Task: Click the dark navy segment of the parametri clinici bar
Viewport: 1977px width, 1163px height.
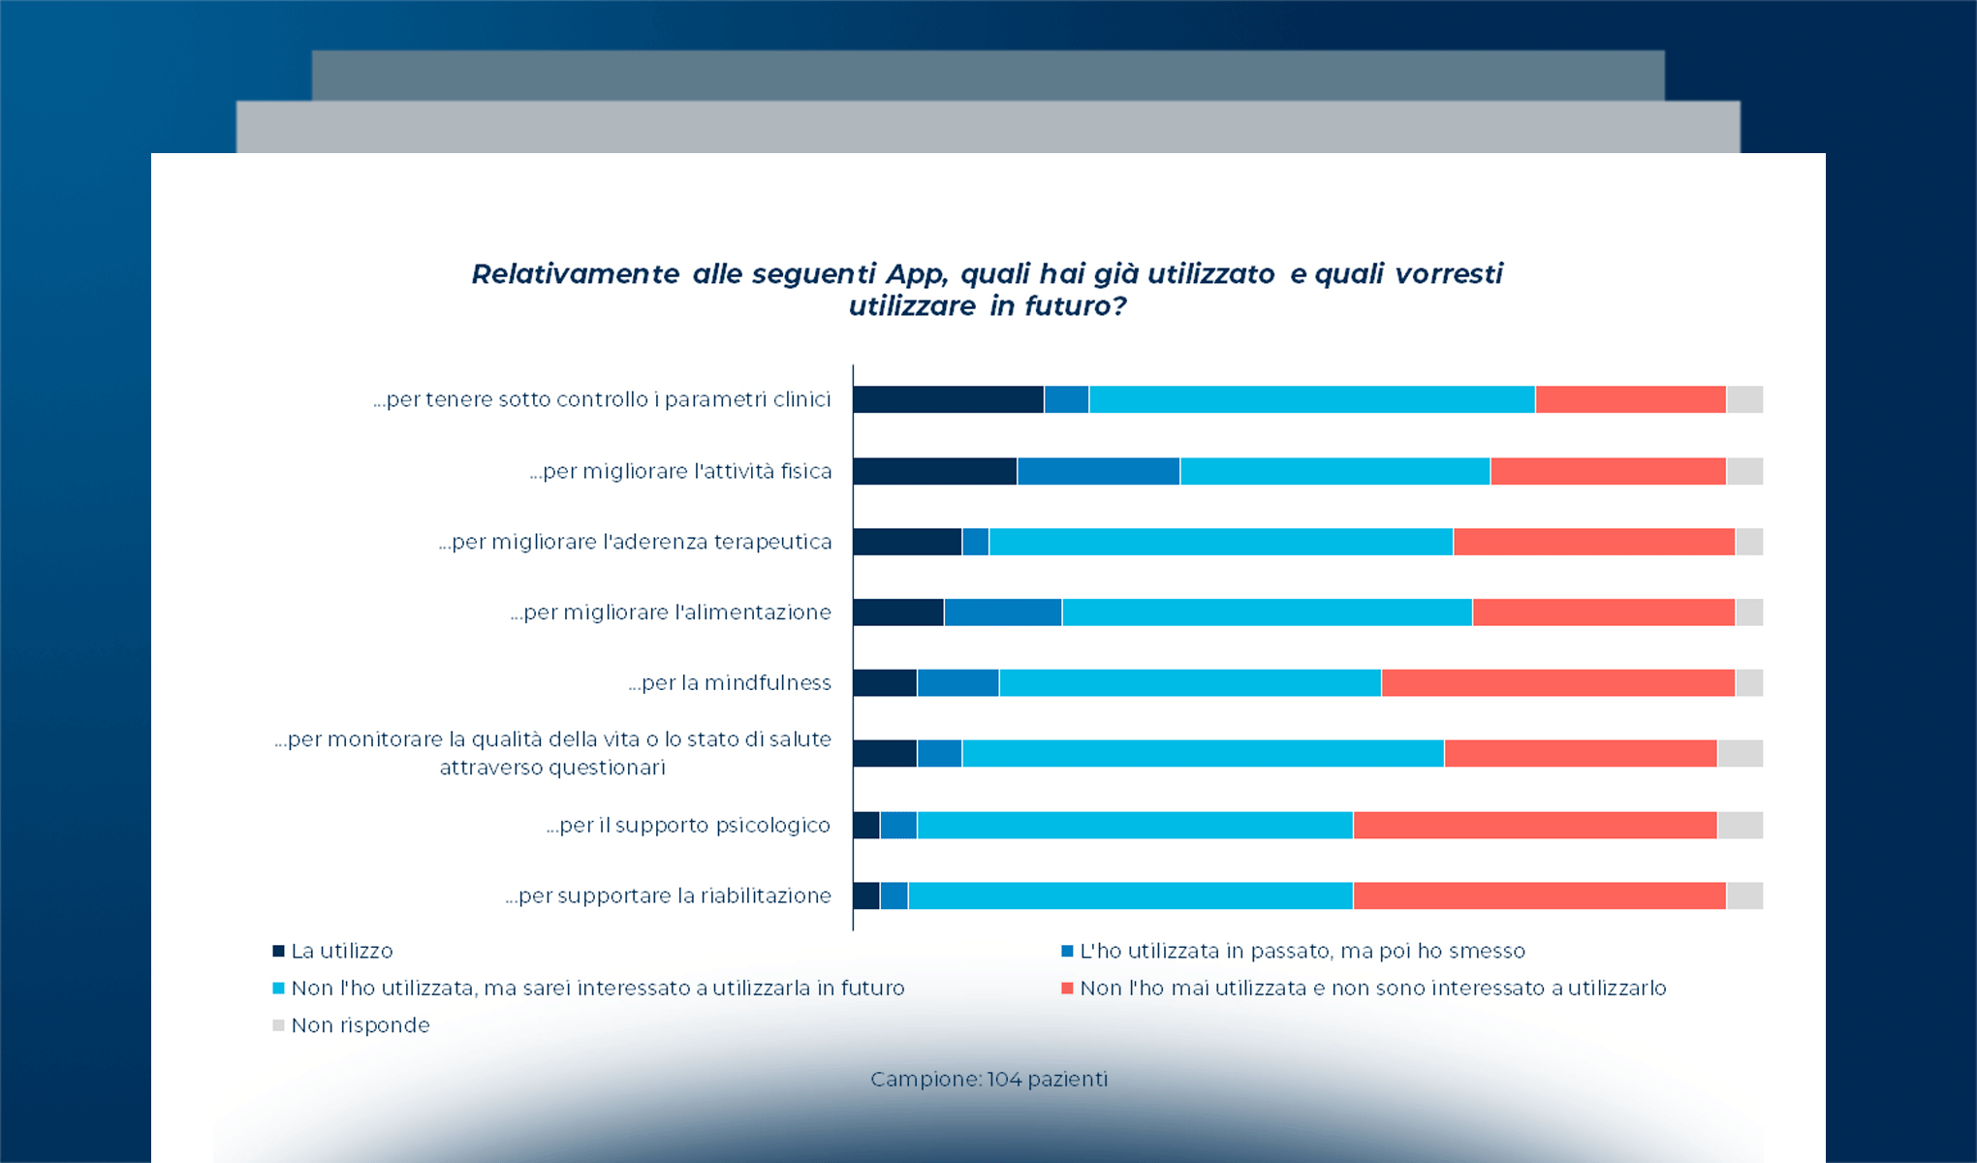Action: pyautogui.click(x=948, y=399)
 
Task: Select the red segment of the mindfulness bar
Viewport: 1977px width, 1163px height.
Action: pyautogui.click(x=1557, y=683)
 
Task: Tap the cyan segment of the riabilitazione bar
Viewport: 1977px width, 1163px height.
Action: pyautogui.click(x=1130, y=896)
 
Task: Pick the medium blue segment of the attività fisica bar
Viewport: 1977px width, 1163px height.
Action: pyautogui.click(x=1098, y=472)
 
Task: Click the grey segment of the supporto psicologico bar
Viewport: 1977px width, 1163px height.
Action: pyautogui.click(x=1740, y=826)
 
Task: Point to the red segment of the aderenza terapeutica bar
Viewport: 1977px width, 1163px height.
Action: pyautogui.click(x=1593, y=542)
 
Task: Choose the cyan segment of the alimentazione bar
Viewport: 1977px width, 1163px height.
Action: pyautogui.click(x=1267, y=613)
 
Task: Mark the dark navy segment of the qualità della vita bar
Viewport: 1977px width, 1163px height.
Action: pyautogui.click(x=885, y=754)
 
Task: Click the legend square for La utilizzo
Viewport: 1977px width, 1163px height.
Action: pyautogui.click(x=279, y=952)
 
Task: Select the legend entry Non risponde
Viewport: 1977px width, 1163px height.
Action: pyautogui.click(x=360, y=1025)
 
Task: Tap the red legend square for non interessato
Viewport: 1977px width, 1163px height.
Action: pyautogui.click(x=1067, y=989)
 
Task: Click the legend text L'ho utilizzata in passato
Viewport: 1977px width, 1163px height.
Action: pyautogui.click(x=1302, y=952)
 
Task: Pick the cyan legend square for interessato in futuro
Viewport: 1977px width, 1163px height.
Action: pyautogui.click(x=279, y=989)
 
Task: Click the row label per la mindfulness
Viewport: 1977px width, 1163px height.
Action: pyautogui.click(x=730, y=683)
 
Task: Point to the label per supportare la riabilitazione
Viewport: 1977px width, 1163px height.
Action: pyautogui.click(x=668, y=896)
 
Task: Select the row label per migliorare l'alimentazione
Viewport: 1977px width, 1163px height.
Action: pyautogui.click(x=671, y=613)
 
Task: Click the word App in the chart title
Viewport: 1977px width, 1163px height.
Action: pyautogui.click(x=915, y=274)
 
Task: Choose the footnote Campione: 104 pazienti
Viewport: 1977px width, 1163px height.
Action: pyautogui.click(x=988, y=1080)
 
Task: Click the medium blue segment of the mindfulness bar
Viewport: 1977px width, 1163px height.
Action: pyautogui.click(x=957, y=683)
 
